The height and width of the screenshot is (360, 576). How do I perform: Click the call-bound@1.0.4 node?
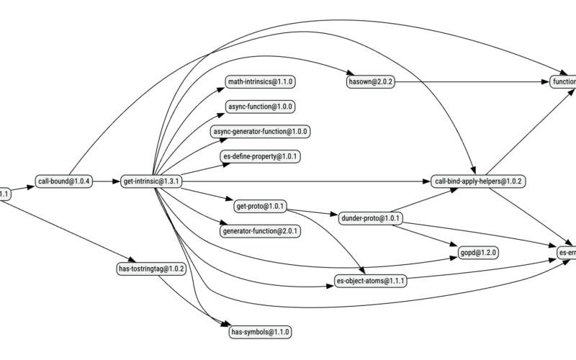[x=64, y=181]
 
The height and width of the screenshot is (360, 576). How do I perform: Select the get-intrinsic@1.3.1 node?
[x=151, y=181]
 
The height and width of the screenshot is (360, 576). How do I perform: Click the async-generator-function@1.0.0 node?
[x=261, y=132]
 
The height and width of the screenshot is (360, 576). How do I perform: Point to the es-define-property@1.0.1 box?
[x=261, y=156]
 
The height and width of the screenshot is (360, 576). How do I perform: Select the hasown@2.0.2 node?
[x=370, y=81]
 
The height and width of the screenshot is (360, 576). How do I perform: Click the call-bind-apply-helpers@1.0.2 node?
[x=478, y=181]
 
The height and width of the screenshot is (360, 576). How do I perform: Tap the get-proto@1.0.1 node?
[x=261, y=207]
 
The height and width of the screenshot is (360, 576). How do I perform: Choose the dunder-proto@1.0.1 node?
[x=370, y=218]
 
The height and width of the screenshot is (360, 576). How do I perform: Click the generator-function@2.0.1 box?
[x=261, y=231]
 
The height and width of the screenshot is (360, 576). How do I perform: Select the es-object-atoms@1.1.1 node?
[x=370, y=280]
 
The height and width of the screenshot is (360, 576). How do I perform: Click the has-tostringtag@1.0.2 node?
[x=151, y=269]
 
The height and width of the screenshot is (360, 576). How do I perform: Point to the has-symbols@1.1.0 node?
[x=261, y=332]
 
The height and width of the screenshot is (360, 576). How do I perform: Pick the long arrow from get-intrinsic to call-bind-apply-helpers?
[x=302, y=181]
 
